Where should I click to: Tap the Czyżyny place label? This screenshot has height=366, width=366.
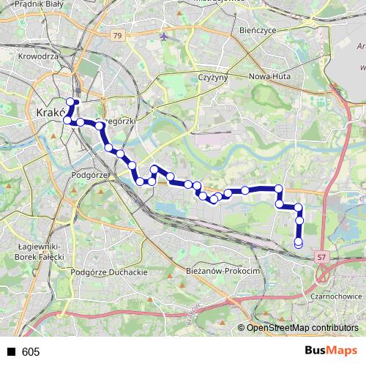(214, 77)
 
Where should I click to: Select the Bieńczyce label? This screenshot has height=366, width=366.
(256, 31)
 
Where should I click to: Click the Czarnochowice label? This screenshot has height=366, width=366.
(336, 296)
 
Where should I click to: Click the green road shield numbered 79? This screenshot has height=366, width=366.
(118, 34)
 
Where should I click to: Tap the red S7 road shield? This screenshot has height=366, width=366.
(322, 257)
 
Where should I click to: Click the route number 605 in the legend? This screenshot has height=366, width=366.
(31, 352)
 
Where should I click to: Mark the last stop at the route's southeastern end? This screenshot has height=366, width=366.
(298, 243)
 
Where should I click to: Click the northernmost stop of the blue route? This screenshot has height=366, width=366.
(71, 102)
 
